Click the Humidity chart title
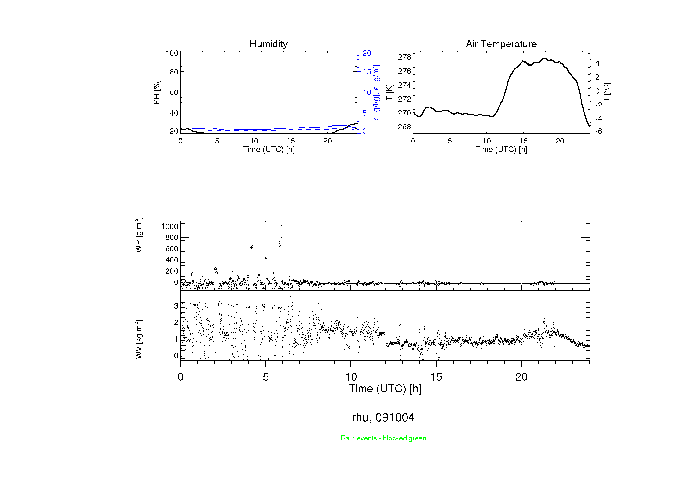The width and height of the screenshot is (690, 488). click(x=268, y=44)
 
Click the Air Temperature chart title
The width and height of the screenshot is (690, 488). click(x=501, y=44)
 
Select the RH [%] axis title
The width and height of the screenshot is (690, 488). click(x=157, y=92)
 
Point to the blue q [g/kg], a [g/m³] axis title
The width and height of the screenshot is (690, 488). click(x=376, y=92)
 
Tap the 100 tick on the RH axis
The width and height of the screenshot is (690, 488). click(x=172, y=53)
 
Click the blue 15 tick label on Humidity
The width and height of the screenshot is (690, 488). click(x=367, y=72)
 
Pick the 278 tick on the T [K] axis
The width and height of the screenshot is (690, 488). click(x=404, y=57)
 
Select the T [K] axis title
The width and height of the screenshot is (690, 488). click(x=389, y=92)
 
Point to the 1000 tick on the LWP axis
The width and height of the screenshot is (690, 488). click(x=170, y=226)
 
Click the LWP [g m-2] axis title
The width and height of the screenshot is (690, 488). click(x=139, y=237)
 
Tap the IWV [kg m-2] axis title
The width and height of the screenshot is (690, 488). click(x=139, y=340)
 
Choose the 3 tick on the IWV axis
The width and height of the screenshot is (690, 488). click(x=176, y=306)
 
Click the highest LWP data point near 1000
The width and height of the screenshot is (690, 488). click(x=281, y=225)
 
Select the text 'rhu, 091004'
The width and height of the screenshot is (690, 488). click(x=383, y=417)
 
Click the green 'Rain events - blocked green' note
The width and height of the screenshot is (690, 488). click(x=383, y=438)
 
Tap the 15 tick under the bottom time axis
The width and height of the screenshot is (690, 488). click(x=436, y=377)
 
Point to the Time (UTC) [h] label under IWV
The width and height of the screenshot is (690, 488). click(x=385, y=389)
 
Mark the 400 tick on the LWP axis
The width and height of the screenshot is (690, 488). click(x=172, y=260)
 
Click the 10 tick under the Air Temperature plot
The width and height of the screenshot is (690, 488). click(x=486, y=141)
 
